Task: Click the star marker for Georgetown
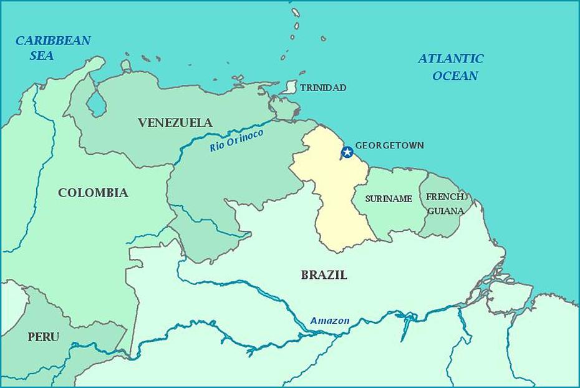(347, 152)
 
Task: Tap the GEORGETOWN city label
(389, 145)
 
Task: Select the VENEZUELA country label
(175, 123)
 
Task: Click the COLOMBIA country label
(93, 193)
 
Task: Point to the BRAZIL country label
(324, 274)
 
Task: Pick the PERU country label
(44, 337)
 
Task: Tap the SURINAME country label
(389, 199)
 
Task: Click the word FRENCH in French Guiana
(445, 196)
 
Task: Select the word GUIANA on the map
(445, 211)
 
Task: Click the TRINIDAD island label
(322, 88)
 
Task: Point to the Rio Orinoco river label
(236, 140)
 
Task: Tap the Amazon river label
(330, 321)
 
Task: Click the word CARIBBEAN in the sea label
(53, 41)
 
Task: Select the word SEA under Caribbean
(42, 56)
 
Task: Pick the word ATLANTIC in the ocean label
(450, 59)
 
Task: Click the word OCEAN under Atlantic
(455, 76)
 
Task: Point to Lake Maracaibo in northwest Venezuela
(96, 104)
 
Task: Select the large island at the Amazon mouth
(508, 296)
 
